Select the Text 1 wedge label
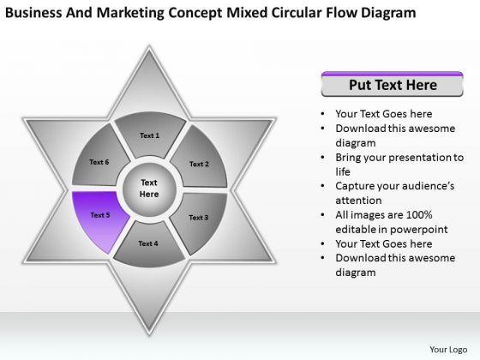[149, 135]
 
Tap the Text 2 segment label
[199, 164]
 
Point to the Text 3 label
[198, 218]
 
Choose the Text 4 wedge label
[147, 243]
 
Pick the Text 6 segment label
[99, 162]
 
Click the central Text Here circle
[149, 189]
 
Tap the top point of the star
[149, 46]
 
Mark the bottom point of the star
[149, 335]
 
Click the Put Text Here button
[393, 85]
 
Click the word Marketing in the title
[130, 14]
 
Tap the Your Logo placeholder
[448, 350]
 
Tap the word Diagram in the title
[388, 14]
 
